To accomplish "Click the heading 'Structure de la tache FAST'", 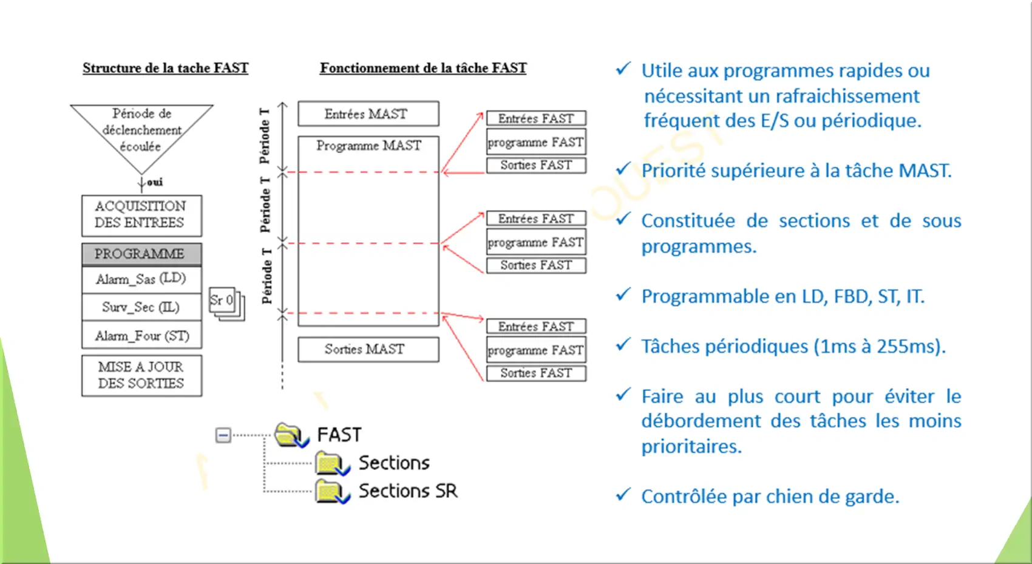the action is [x=165, y=68].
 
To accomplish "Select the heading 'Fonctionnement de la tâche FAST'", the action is [x=423, y=68].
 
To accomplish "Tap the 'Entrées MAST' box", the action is [x=368, y=114].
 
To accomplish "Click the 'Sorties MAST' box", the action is [x=368, y=349].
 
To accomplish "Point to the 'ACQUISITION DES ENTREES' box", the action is [x=141, y=215].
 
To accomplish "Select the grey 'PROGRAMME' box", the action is [x=141, y=254].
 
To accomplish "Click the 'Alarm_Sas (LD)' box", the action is [x=141, y=279].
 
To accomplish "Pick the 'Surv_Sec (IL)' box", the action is [x=141, y=307].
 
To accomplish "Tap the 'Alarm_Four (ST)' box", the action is [x=141, y=335].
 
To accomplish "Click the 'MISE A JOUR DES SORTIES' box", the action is [x=141, y=375].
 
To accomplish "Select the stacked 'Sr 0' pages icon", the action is [x=226, y=304].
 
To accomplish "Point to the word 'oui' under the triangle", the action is [x=155, y=182].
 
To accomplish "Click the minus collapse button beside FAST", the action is [x=223, y=435].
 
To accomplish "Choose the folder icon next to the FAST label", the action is [x=291, y=435].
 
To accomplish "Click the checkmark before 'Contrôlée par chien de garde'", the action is [x=623, y=495].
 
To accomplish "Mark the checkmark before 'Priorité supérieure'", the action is [x=623, y=169].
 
